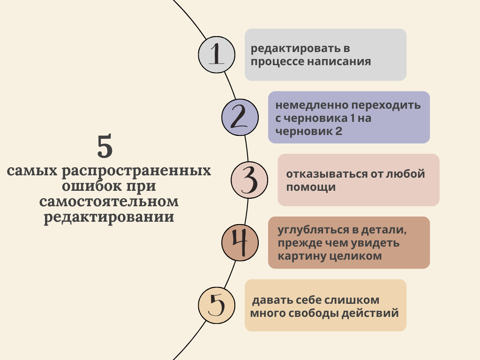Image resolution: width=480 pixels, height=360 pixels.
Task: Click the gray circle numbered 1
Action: pos(216,54)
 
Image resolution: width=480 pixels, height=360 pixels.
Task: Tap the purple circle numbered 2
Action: pos(240,117)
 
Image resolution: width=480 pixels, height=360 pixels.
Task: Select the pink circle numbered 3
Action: pos(249,180)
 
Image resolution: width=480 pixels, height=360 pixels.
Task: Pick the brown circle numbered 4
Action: pos(240,242)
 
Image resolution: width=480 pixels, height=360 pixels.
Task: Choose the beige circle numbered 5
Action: pos(216,305)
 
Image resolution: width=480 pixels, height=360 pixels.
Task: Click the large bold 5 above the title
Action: pos(105,147)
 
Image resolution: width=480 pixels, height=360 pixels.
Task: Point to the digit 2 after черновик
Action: pos(338,132)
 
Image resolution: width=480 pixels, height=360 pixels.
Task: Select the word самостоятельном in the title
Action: pos(109,202)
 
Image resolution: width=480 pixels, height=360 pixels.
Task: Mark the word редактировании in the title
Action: pos(109,218)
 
